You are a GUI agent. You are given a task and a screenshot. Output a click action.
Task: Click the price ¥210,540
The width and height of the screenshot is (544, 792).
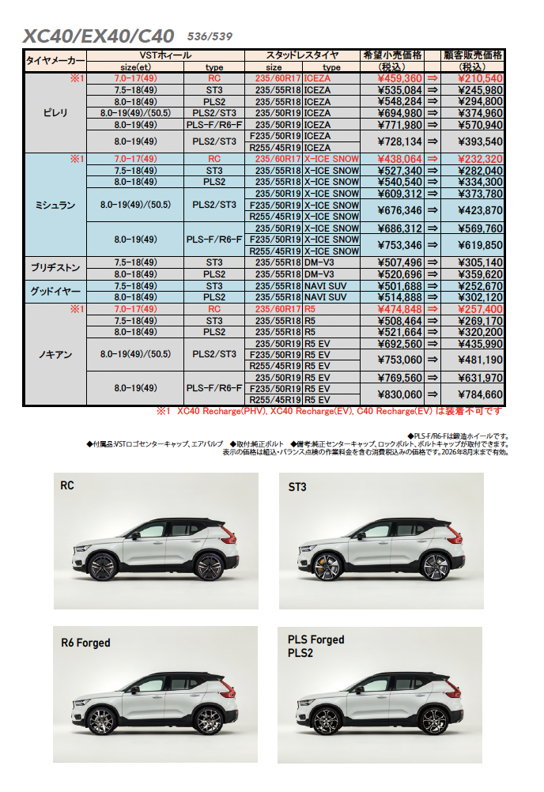474,78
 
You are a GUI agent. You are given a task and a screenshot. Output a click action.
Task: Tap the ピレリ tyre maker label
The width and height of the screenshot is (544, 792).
55,113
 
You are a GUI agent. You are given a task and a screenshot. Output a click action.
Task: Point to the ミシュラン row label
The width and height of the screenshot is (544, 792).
55,205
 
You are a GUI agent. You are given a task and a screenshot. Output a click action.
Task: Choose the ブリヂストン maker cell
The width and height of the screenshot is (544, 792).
55,268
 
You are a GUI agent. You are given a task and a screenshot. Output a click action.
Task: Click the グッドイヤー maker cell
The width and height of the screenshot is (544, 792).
55,291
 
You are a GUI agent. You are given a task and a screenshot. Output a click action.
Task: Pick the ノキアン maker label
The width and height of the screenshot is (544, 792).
55,354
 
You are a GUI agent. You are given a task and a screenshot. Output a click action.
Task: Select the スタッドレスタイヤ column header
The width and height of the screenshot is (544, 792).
302,55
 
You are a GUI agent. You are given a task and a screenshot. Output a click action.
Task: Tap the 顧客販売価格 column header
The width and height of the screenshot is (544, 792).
473,55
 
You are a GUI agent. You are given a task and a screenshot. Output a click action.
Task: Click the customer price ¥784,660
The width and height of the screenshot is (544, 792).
474,394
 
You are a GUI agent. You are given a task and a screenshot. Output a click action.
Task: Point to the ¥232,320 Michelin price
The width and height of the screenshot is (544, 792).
474,159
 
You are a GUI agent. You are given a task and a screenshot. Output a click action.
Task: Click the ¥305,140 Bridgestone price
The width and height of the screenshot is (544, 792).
474,262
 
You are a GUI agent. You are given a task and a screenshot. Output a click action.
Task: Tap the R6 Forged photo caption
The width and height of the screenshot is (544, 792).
85,643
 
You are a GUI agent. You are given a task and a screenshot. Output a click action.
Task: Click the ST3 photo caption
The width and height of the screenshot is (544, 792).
298,487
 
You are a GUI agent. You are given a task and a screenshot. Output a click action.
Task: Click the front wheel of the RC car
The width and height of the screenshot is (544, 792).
102,566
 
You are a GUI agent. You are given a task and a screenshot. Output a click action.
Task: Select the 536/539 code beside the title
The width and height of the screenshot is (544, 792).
210,36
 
